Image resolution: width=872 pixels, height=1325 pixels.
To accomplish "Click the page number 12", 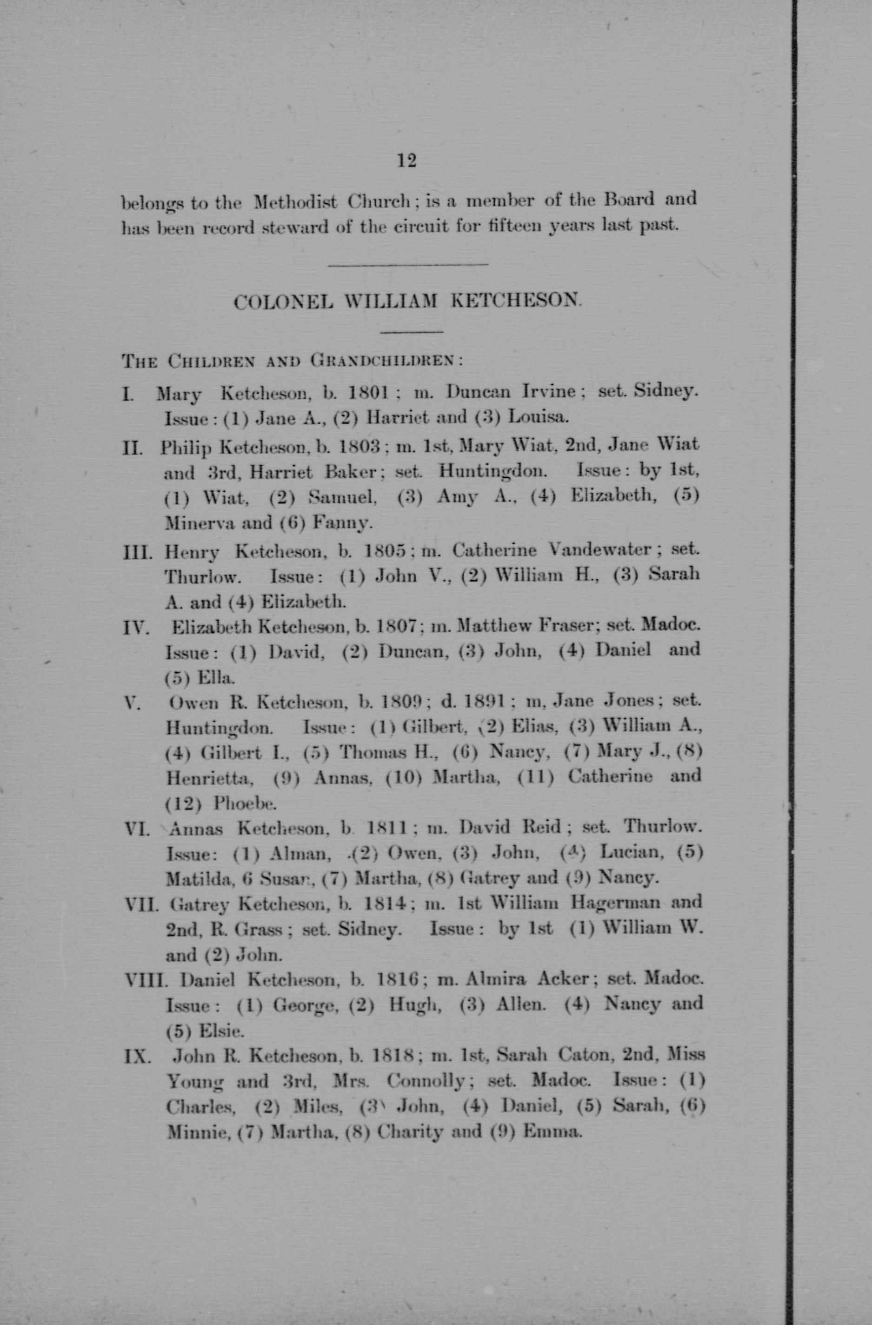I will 407,161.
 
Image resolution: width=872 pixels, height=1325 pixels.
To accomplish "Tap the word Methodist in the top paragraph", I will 295,201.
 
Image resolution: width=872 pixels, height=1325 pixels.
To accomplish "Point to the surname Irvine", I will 549,392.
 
